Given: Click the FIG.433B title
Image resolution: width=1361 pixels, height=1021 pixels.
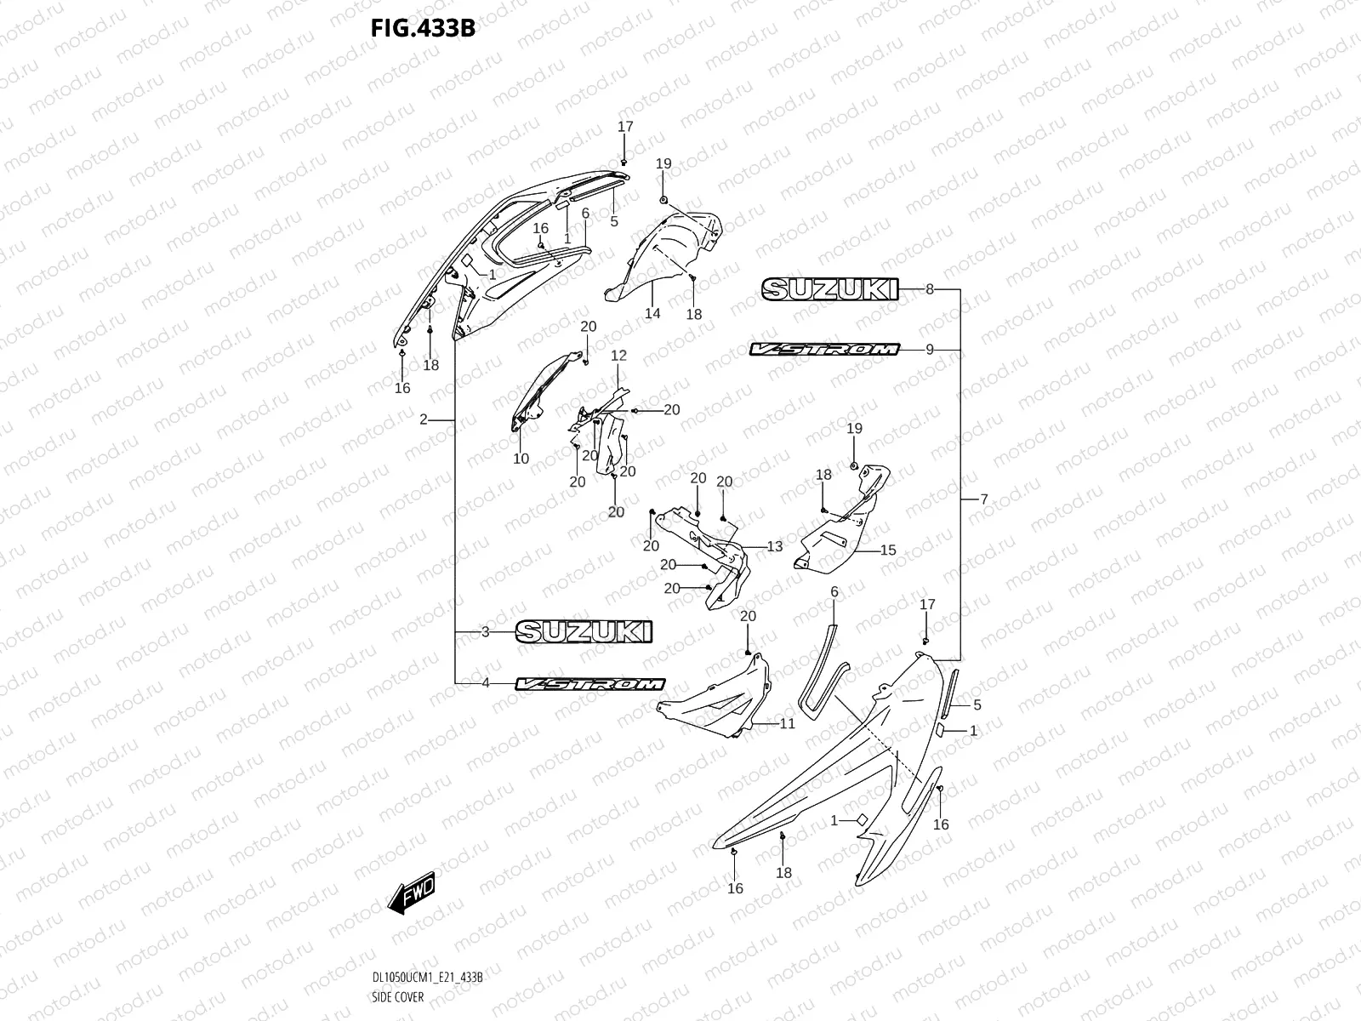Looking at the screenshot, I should click(422, 28).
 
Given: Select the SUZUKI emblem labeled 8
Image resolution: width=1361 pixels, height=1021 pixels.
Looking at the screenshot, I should click(829, 289).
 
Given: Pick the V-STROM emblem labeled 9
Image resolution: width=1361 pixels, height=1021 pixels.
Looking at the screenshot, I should click(824, 349).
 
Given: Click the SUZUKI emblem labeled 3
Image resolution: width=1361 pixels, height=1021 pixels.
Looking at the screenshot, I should click(584, 632).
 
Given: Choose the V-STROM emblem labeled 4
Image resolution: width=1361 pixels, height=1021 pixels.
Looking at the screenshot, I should click(590, 684).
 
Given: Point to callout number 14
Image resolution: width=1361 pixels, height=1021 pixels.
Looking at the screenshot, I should click(652, 314).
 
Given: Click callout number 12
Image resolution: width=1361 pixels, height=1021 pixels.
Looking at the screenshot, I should click(618, 355).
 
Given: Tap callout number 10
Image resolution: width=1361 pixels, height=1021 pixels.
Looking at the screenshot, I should click(521, 459).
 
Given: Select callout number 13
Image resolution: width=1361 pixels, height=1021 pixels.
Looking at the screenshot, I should click(774, 546).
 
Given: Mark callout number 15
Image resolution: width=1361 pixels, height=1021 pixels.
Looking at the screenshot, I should click(888, 550).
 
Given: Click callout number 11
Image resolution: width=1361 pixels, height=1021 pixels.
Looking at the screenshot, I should click(787, 724).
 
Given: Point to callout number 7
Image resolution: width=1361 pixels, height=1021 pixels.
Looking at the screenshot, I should click(984, 499).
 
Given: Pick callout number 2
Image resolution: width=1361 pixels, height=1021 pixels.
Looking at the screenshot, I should click(424, 419).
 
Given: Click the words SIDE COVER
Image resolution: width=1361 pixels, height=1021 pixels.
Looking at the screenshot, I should click(397, 996).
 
